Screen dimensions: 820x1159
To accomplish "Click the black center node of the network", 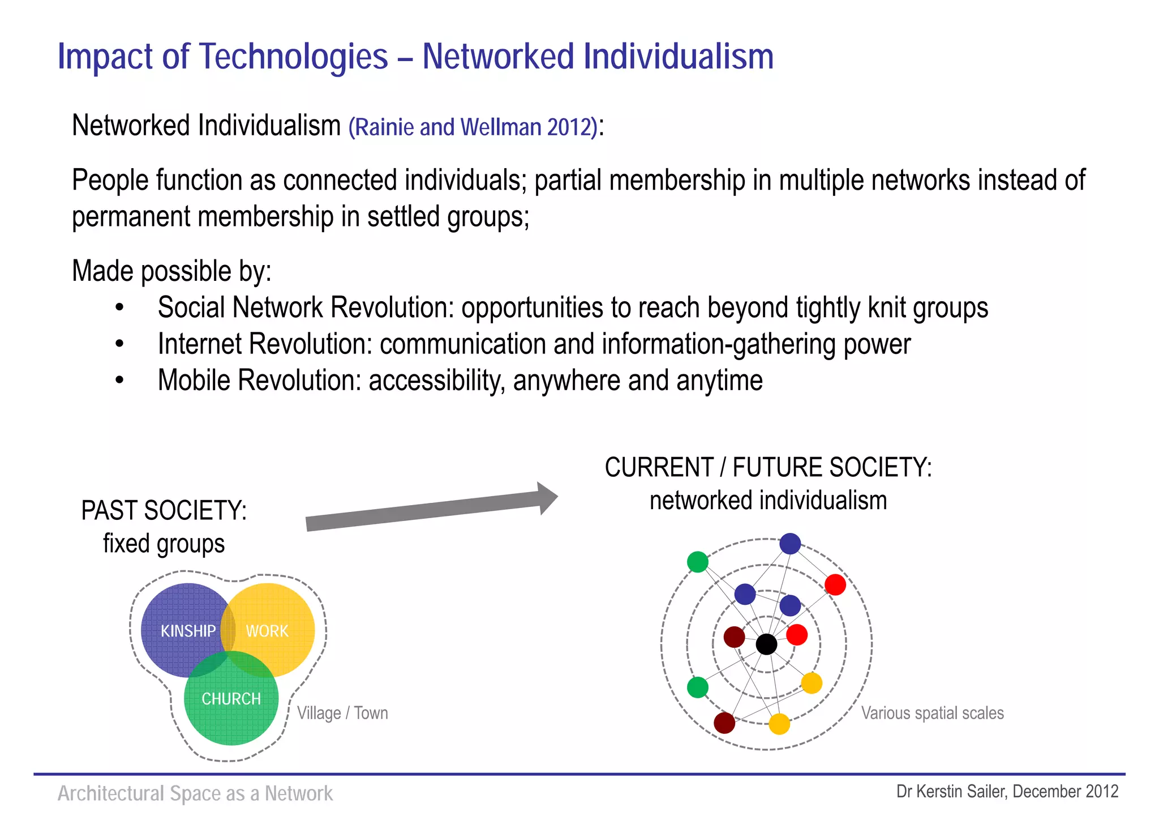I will [x=766, y=644].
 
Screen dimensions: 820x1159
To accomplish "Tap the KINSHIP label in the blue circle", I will [x=188, y=631].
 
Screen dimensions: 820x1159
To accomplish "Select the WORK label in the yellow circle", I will [x=267, y=631].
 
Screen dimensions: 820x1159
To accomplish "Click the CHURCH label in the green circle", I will [x=231, y=699].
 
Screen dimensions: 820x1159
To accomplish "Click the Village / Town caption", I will [x=342, y=713].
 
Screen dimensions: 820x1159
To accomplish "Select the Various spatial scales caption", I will [x=932, y=713].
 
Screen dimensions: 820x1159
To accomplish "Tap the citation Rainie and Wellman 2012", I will [x=473, y=127].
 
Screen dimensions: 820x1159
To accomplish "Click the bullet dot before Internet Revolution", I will [x=119, y=344].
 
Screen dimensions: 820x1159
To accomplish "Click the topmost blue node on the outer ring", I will [x=790, y=544].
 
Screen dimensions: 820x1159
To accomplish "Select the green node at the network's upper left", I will [x=698, y=562].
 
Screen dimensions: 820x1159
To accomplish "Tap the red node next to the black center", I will [x=797, y=635].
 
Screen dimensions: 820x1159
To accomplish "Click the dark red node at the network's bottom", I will [x=724, y=723].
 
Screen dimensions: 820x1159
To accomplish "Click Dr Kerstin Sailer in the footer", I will [x=951, y=792].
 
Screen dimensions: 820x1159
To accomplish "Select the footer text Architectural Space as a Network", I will [x=195, y=793].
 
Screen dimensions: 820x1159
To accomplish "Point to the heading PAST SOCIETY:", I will [x=164, y=511].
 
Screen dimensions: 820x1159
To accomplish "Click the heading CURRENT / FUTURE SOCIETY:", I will [x=768, y=468].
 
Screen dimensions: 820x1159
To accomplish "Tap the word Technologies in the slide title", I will [x=294, y=57].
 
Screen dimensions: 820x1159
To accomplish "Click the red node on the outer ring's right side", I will [x=835, y=584].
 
